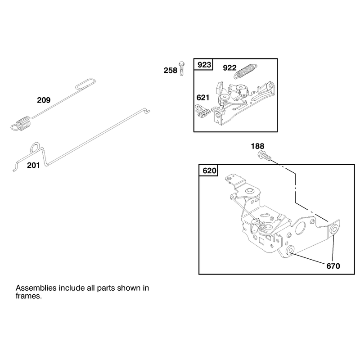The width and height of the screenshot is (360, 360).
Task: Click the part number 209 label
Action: (x=44, y=100)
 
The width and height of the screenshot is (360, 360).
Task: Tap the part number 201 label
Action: (x=33, y=165)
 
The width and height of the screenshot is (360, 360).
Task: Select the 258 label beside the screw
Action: (x=171, y=70)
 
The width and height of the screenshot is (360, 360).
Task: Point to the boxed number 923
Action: (x=204, y=65)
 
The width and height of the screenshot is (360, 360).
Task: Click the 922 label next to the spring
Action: (x=229, y=68)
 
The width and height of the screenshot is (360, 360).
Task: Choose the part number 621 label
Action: (x=203, y=98)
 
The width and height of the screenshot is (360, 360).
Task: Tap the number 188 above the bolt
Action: (x=257, y=146)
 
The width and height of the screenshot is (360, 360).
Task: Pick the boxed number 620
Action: (x=209, y=171)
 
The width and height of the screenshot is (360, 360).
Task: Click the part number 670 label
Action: (x=333, y=266)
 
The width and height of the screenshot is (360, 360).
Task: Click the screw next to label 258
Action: (x=182, y=68)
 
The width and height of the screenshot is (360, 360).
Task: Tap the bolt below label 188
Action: (x=265, y=156)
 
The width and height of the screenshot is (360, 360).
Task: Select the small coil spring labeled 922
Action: (x=245, y=71)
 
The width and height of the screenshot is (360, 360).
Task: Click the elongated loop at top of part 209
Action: (x=85, y=84)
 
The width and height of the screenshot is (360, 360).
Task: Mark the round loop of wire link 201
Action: (x=35, y=147)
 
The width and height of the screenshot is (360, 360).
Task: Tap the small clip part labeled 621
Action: (x=202, y=111)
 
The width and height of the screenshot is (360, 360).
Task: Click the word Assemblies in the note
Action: (x=36, y=288)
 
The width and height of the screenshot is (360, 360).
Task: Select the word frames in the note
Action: (x=29, y=296)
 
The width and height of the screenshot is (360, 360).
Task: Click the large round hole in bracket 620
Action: (x=301, y=227)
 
